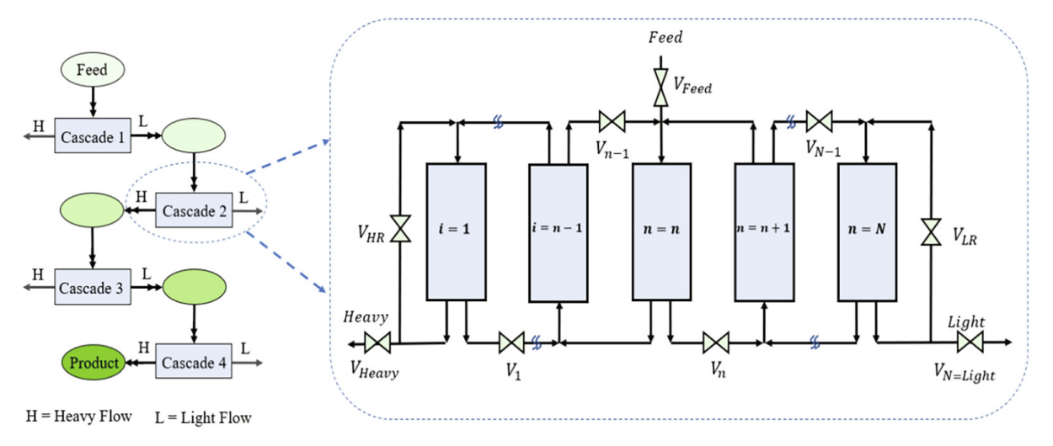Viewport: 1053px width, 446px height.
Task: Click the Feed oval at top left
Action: (x=92, y=70)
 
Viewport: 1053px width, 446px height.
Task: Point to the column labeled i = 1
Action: (x=456, y=231)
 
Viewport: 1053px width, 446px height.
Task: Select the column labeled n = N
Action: (x=867, y=231)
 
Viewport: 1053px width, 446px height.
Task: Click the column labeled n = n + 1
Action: (x=764, y=231)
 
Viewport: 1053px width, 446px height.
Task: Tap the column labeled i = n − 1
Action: (x=558, y=232)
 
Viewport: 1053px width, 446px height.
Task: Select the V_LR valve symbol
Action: (x=931, y=231)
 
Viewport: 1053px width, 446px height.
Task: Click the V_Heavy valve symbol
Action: (x=376, y=342)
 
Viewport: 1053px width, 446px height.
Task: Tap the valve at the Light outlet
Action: (x=970, y=342)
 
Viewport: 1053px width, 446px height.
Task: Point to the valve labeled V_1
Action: (x=511, y=342)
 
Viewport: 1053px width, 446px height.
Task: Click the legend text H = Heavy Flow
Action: (x=79, y=417)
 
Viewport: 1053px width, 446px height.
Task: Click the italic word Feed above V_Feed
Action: (x=665, y=38)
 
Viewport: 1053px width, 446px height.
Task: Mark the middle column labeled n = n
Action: (x=661, y=231)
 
